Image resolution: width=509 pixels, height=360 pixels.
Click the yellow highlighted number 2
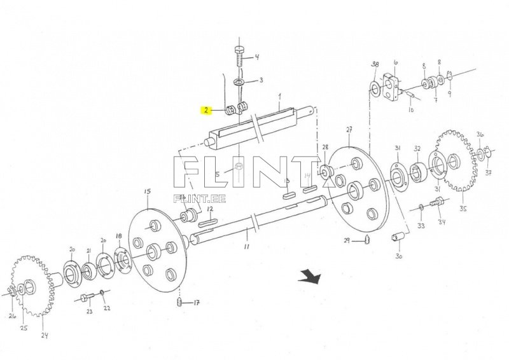[206, 111]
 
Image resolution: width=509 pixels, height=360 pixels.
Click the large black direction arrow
[310, 275]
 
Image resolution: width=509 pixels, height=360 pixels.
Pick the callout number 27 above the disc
[349, 130]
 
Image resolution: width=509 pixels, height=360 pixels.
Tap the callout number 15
[147, 191]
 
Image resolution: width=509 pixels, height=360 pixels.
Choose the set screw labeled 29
[368, 239]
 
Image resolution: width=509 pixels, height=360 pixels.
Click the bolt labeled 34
[436, 204]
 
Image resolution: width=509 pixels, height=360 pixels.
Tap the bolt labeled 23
[88, 297]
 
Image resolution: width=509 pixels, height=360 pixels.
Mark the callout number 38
[375, 64]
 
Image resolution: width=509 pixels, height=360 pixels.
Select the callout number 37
[489, 172]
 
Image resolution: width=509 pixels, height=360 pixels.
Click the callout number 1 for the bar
[279, 95]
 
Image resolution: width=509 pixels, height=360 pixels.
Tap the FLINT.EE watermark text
[199, 198]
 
